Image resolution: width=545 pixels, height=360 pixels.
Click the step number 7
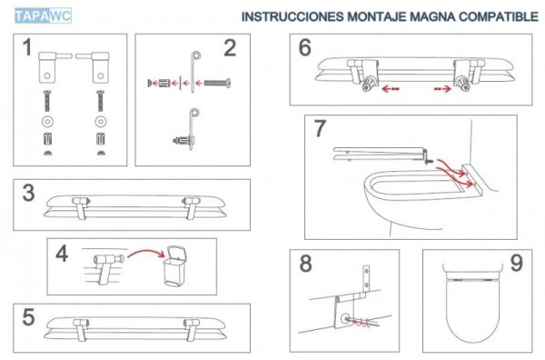pos(320,128)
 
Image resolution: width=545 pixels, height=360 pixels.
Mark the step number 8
pos(305,265)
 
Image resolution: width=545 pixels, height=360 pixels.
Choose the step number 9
pos(516,264)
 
